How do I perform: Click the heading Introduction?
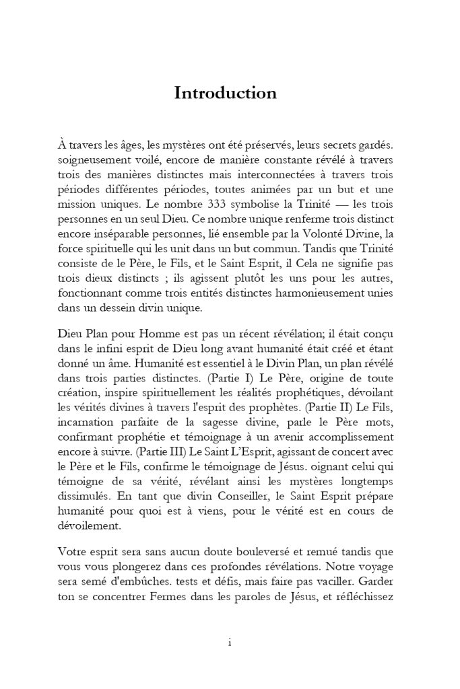(225, 94)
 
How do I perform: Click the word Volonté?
(300, 233)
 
